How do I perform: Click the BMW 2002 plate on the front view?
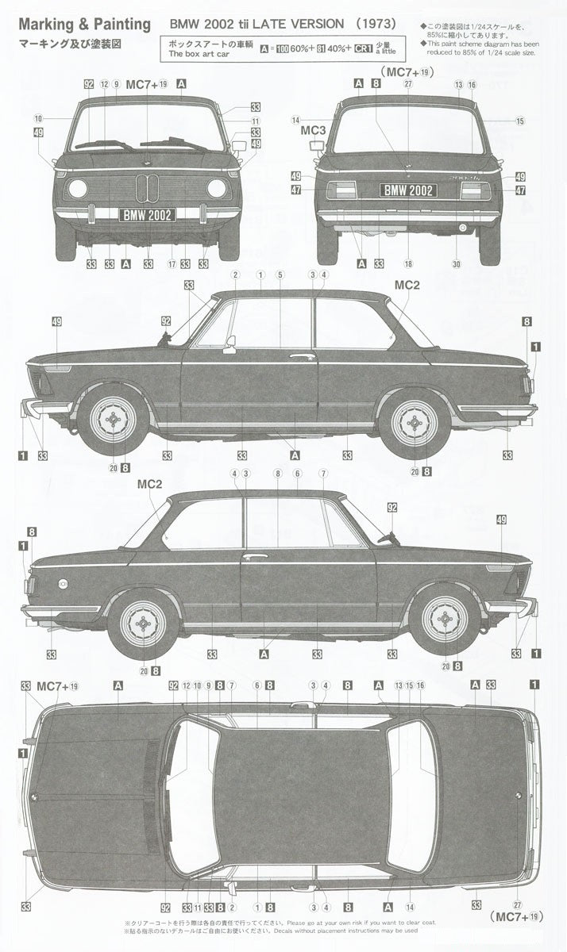pyautogui.click(x=147, y=214)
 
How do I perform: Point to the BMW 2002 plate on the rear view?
pyautogui.click(x=408, y=190)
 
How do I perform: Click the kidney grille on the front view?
pyautogui.click(x=147, y=189)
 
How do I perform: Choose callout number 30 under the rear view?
pyautogui.click(x=457, y=263)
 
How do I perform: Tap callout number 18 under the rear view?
pyautogui.click(x=408, y=263)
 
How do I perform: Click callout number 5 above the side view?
pyautogui.click(x=280, y=274)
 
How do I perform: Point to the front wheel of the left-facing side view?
pyautogui.click(x=113, y=420)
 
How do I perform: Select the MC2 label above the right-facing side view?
pyautogui.click(x=149, y=482)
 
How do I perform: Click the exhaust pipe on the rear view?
pyautogui.click(x=464, y=228)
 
